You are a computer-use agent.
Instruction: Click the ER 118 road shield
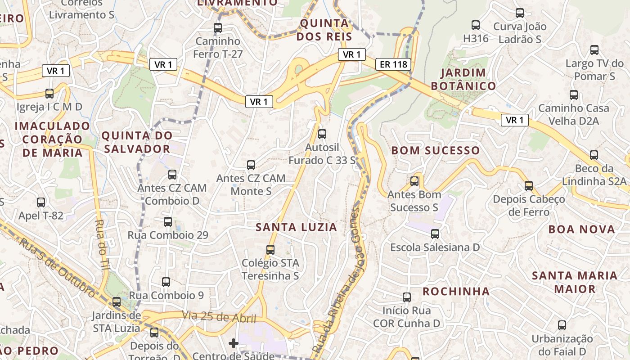[393, 64]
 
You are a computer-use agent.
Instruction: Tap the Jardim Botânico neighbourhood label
[463, 79]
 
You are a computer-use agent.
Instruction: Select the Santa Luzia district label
[296, 227]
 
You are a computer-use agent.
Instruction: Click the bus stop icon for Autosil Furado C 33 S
[322, 134]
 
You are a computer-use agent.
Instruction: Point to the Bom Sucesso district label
[436, 150]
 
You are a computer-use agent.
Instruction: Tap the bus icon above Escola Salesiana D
[435, 234]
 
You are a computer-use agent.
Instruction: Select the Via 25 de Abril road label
[219, 317]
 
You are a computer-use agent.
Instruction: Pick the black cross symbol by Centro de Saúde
[233, 344]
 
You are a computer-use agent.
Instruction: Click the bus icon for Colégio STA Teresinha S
[270, 249]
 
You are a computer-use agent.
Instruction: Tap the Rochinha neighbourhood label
[456, 292]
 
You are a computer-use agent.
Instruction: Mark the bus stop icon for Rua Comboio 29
[167, 221]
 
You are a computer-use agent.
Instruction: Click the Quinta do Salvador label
[137, 142]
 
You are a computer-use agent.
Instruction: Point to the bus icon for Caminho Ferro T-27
[218, 28]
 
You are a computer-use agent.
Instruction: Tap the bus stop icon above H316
[475, 25]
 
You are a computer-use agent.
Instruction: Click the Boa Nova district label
[581, 229]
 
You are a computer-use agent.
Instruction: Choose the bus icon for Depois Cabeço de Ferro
[528, 185]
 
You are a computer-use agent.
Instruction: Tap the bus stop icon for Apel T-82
[41, 202]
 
